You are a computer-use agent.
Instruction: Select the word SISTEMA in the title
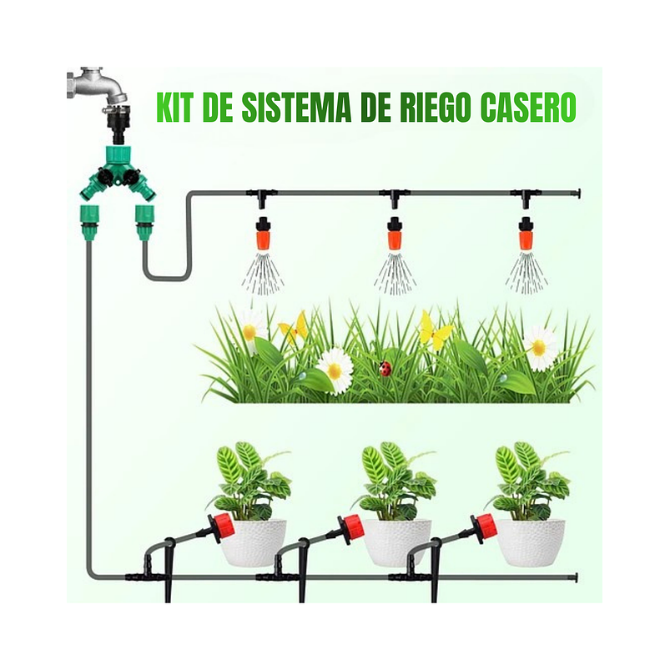coord(297,108)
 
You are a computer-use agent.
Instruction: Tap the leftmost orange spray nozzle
coord(262,234)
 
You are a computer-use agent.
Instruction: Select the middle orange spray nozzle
coord(394,234)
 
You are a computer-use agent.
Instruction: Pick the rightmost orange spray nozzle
coord(526,234)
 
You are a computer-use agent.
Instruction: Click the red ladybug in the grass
coord(385,368)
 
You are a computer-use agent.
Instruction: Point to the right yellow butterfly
coord(435,332)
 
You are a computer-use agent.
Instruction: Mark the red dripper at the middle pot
coord(353,527)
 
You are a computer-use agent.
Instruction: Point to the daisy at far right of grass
coord(540,346)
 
